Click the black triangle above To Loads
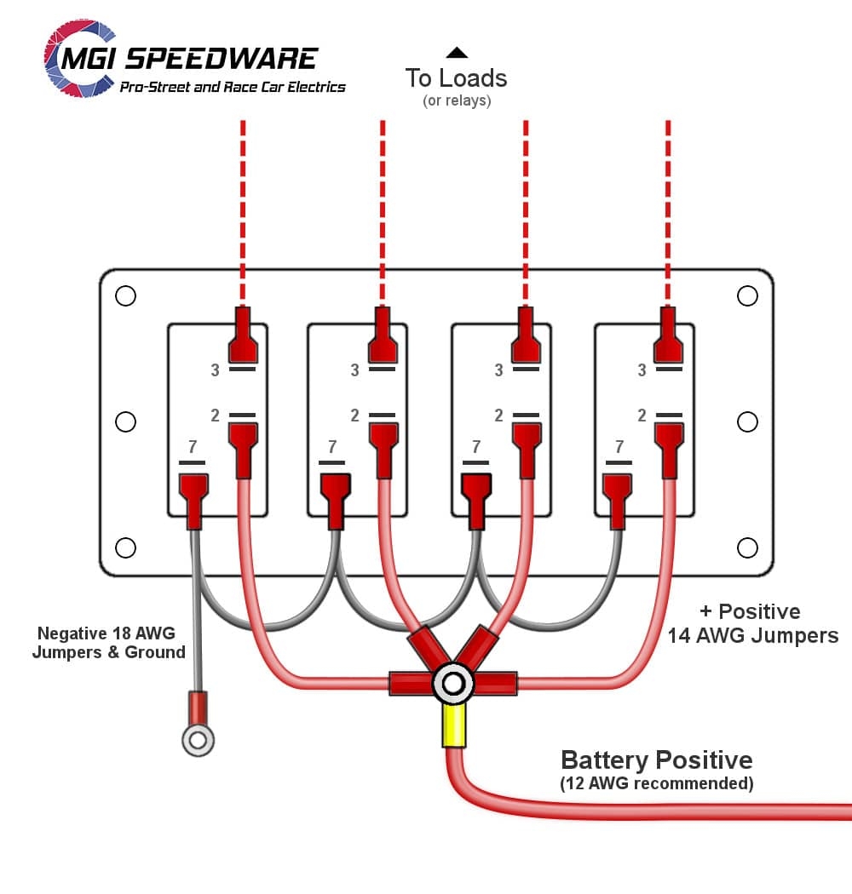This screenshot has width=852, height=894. (457, 53)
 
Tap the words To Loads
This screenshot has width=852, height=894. (456, 78)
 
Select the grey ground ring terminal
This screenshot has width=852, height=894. (198, 739)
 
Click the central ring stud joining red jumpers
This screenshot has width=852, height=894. (452, 683)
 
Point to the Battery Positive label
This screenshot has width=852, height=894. (656, 760)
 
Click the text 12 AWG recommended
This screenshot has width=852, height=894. (656, 783)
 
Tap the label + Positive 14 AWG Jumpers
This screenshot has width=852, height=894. (751, 623)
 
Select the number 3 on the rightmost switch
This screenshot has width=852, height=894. (642, 370)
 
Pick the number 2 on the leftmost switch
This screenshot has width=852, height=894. (216, 415)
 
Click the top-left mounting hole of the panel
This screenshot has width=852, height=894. (125, 295)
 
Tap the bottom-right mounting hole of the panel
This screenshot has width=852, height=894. (747, 547)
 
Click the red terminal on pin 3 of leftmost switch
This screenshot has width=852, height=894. (243, 336)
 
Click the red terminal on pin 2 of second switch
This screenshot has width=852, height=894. (383, 447)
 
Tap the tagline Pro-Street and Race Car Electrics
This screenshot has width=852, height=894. (233, 87)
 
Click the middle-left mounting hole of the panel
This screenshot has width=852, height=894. (125, 421)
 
